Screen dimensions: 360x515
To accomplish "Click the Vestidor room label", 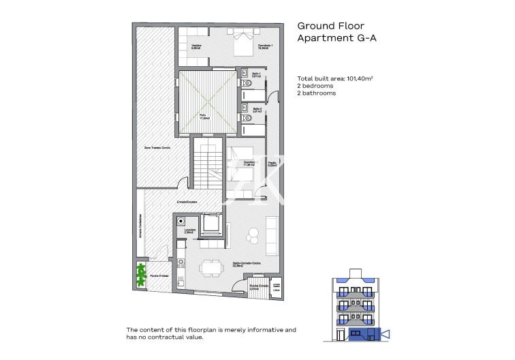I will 196,47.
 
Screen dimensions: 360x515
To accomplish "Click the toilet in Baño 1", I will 249,85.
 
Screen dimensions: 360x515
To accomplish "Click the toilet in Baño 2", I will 249,119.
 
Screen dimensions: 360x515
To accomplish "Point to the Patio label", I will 203,115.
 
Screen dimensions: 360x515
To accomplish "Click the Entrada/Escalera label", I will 188,202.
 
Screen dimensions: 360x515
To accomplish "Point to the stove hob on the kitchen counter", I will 182,262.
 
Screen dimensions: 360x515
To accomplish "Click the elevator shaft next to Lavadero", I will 210,224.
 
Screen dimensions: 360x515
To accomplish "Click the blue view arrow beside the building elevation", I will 384,334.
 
